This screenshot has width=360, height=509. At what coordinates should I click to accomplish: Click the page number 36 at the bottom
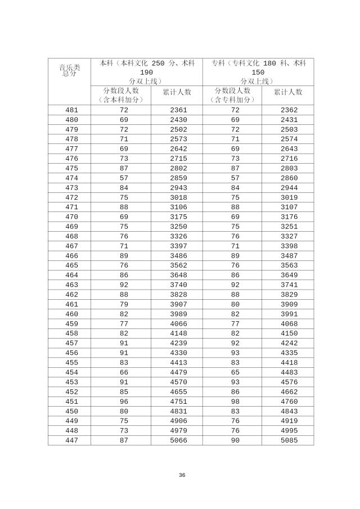[x=182, y=475]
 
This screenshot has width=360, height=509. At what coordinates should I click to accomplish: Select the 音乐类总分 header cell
[x=70, y=70]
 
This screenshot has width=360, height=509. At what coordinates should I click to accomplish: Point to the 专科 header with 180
[x=258, y=72]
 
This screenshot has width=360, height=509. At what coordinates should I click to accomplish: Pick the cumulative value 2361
[x=178, y=110]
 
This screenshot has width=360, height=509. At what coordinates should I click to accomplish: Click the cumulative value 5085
[x=289, y=440]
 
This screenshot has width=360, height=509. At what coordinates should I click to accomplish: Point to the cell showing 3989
[x=178, y=314]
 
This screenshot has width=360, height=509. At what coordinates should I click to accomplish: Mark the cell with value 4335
[x=289, y=353]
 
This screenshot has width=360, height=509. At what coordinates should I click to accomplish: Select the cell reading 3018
[x=178, y=197]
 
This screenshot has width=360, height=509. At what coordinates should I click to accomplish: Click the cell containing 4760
[x=289, y=401]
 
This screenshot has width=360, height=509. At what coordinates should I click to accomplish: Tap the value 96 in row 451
[x=124, y=401]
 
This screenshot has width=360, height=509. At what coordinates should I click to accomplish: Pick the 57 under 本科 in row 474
[x=124, y=178]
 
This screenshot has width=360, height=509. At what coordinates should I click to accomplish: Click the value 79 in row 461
[x=124, y=304]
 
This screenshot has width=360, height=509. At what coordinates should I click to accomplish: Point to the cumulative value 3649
[x=289, y=275]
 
